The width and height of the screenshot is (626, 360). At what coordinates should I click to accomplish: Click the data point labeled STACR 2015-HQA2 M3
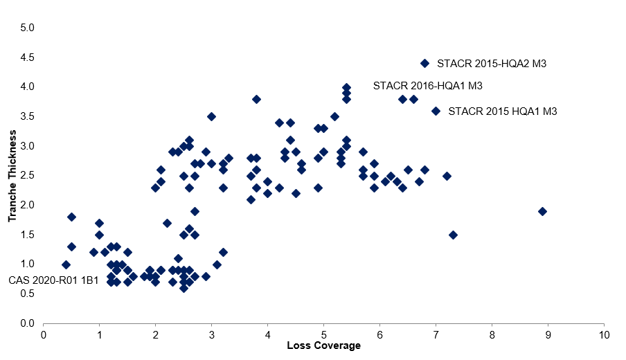click(x=424, y=63)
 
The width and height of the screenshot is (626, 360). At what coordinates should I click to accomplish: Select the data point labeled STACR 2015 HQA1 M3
click(x=436, y=111)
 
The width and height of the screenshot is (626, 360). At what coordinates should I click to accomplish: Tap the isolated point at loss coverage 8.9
click(x=542, y=211)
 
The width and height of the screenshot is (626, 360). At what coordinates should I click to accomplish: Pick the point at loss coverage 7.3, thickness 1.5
click(x=453, y=235)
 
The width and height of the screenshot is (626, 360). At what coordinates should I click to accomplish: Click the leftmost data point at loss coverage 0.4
click(x=66, y=264)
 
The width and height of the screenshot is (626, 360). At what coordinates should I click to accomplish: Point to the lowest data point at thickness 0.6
click(x=184, y=288)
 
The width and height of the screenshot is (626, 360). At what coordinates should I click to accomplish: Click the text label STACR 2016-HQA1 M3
click(x=427, y=87)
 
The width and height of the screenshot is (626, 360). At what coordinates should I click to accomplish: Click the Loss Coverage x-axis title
click(x=323, y=345)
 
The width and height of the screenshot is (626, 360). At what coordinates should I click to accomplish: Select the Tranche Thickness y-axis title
click(x=12, y=175)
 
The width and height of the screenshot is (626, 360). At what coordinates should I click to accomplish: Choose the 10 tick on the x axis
click(x=604, y=335)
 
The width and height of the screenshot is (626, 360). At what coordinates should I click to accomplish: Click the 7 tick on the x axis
click(x=436, y=335)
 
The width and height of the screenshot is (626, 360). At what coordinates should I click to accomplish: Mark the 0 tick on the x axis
click(x=44, y=335)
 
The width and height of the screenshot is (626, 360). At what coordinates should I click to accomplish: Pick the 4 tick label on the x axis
click(x=267, y=335)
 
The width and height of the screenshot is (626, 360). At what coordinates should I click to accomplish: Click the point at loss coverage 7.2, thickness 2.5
click(x=447, y=176)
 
